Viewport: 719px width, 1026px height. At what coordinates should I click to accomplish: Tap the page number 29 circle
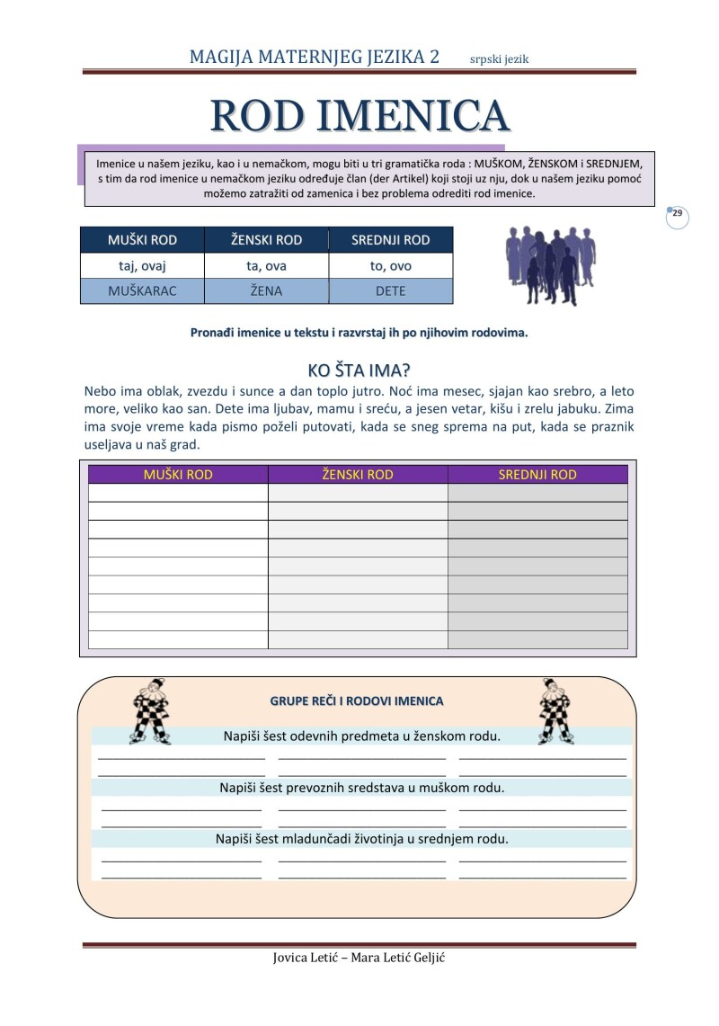[x=678, y=215]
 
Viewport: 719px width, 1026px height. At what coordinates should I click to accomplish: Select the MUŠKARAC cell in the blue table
[x=143, y=291]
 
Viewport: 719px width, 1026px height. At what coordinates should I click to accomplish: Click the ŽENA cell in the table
[x=266, y=291]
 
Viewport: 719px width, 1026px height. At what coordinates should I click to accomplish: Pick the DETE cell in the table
[x=391, y=291]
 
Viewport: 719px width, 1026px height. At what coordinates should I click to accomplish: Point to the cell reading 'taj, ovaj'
[x=143, y=265]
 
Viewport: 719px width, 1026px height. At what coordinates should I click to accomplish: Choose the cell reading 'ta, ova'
[x=266, y=265]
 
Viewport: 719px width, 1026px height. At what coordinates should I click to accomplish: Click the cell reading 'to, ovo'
[x=391, y=265]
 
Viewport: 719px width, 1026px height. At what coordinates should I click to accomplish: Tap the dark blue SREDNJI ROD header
[x=391, y=240]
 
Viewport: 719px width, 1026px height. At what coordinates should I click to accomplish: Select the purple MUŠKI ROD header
[x=178, y=475]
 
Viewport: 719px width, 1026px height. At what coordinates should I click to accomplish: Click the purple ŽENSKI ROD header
[x=358, y=475]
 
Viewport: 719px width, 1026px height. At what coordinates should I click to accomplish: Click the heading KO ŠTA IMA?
[x=359, y=370]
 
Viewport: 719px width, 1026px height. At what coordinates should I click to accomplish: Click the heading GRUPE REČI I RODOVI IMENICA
[x=357, y=700]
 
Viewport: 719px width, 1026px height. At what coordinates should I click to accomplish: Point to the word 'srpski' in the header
[x=486, y=59]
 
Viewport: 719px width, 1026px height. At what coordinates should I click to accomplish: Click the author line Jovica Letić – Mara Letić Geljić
[x=359, y=958]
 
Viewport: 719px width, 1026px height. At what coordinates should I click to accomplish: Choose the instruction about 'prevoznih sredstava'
[x=362, y=788]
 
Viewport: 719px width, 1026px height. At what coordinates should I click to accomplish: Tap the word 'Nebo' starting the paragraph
[x=100, y=391]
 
